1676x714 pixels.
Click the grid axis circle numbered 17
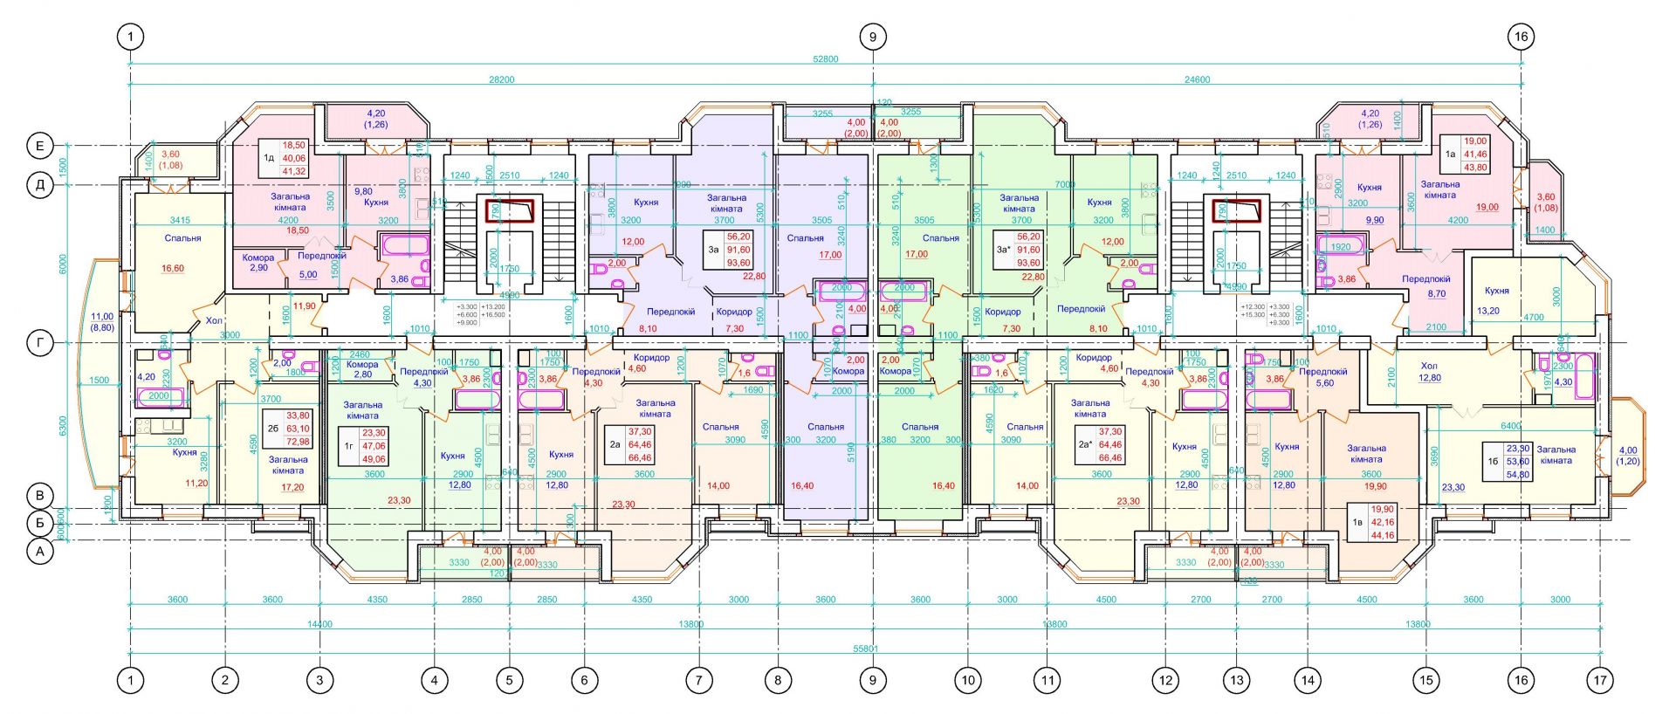point(1600,680)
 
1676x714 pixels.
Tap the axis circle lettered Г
point(40,344)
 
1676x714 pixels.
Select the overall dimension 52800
point(825,59)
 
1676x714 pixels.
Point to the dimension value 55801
point(866,649)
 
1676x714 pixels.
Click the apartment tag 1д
point(269,158)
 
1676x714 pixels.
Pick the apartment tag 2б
point(273,429)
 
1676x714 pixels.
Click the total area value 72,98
point(298,442)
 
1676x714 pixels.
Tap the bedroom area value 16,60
point(173,269)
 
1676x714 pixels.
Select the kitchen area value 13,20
point(1487,311)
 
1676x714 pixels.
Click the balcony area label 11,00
point(102,317)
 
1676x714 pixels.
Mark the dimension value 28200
point(501,79)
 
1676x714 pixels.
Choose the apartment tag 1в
point(1357,522)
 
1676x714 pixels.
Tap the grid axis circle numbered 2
point(225,680)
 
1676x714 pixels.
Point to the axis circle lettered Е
point(40,146)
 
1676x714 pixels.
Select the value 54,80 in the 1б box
point(1518,474)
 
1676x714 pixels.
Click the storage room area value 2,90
point(258,267)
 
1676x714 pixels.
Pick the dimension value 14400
point(319,624)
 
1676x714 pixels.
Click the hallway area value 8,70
point(1437,294)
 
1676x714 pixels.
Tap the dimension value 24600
point(1197,79)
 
